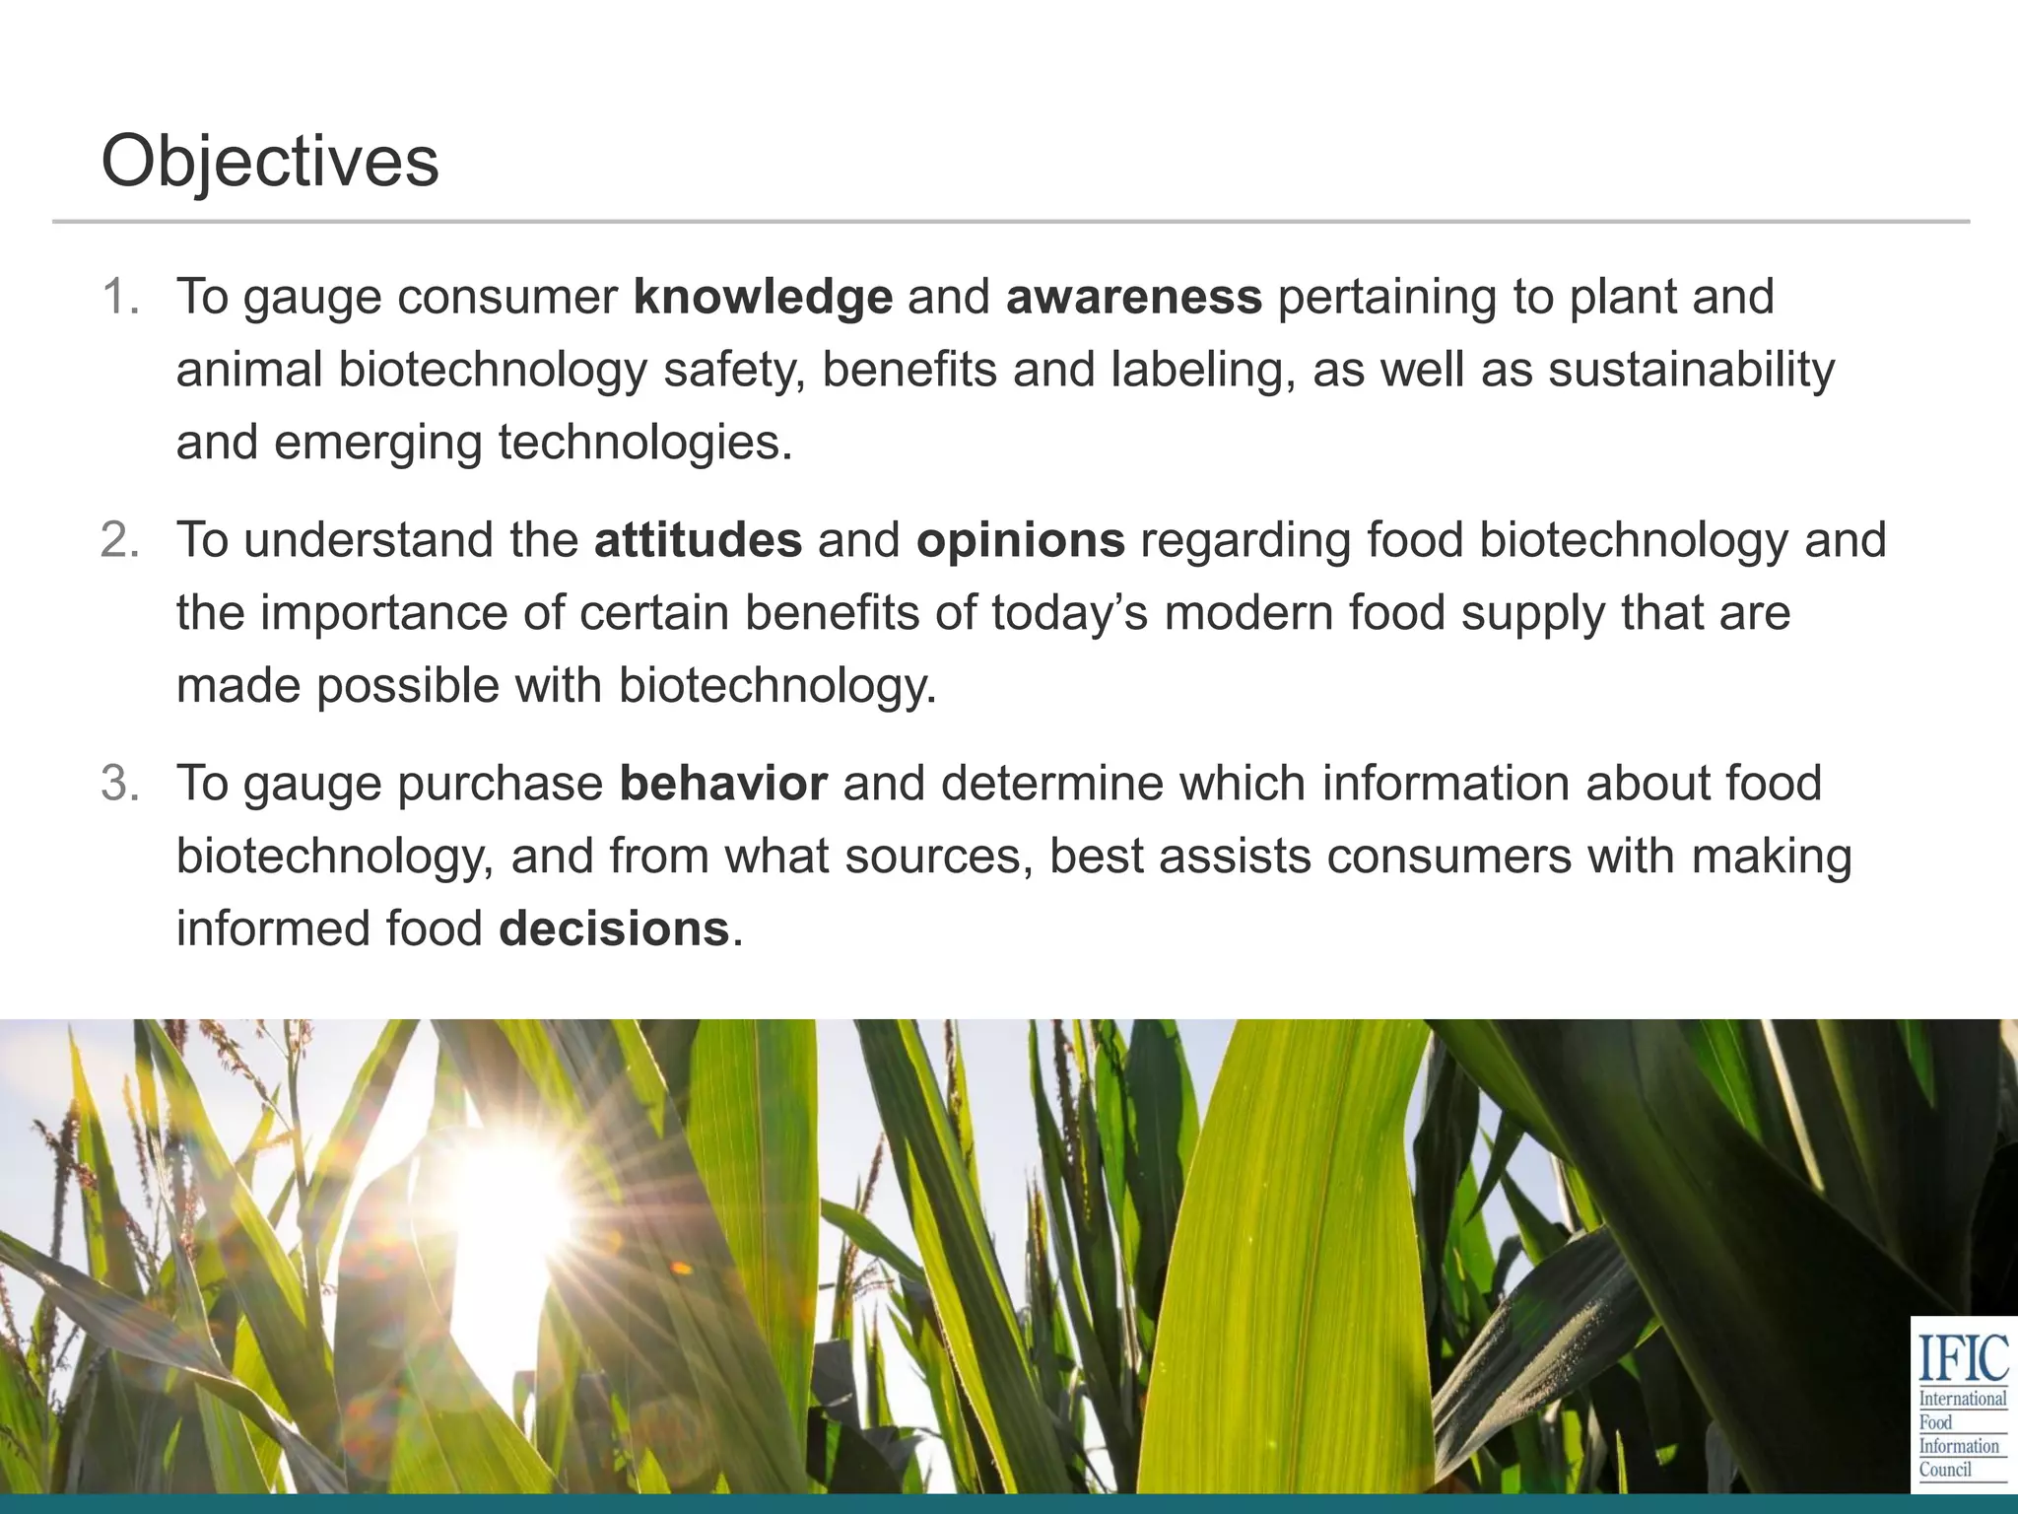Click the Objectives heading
point(270,161)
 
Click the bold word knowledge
point(763,297)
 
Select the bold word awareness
point(1134,297)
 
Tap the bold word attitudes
point(698,540)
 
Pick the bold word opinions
point(1020,540)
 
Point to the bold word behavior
point(723,784)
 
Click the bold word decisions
point(614,929)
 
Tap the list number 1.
point(119,297)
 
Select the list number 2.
point(119,540)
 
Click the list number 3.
point(119,784)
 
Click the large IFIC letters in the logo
point(1963,1357)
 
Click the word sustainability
point(1691,370)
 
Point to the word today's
point(1069,613)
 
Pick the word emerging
point(377,443)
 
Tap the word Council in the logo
point(1945,1470)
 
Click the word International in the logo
point(1963,1399)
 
